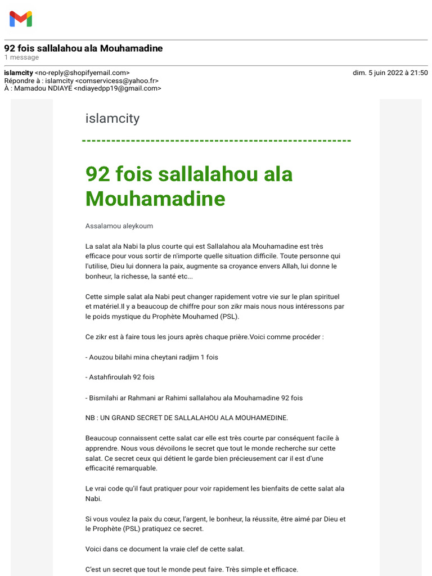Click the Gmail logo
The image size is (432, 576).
point(21,19)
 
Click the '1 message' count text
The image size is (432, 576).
point(21,57)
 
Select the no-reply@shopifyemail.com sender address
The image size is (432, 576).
point(82,73)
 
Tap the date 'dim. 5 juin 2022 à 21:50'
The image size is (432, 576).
point(390,73)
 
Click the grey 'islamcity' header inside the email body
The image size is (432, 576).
point(112,119)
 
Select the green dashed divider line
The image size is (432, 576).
point(217,141)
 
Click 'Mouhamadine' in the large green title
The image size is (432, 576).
point(155,199)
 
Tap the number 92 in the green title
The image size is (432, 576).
point(98,174)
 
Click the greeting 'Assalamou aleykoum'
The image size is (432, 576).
point(119,226)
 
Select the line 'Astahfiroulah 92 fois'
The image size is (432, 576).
point(121,377)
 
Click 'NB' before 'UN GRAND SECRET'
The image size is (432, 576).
point(91,418)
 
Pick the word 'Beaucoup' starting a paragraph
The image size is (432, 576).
point(100,438)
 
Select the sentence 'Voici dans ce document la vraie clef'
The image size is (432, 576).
point(165,549)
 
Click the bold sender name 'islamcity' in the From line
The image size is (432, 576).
point(18,73)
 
